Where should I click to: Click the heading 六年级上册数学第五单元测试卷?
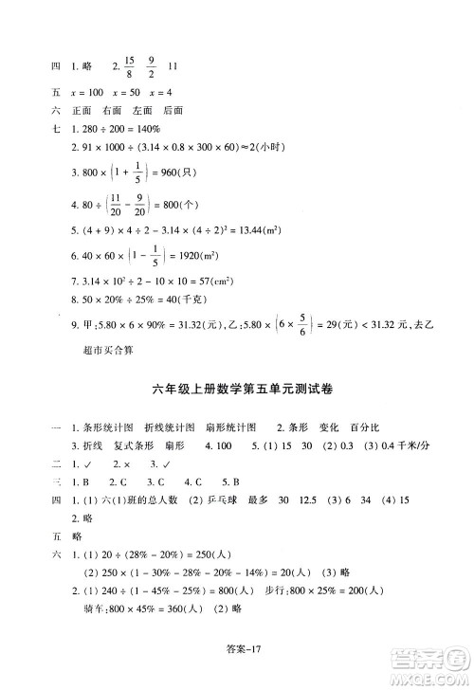[236, 386]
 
